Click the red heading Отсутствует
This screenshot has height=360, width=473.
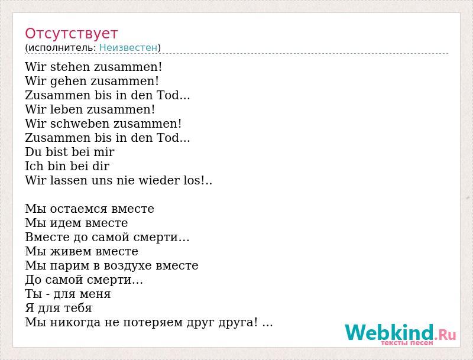click(71, 34)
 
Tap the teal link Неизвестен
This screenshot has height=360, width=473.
click(128, 47)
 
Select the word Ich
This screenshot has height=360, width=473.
click(34, 166)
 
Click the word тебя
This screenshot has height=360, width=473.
click(77, 308)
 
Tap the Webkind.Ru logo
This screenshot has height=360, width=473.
click(401, 333)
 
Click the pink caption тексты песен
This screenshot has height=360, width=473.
click(407, 343)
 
